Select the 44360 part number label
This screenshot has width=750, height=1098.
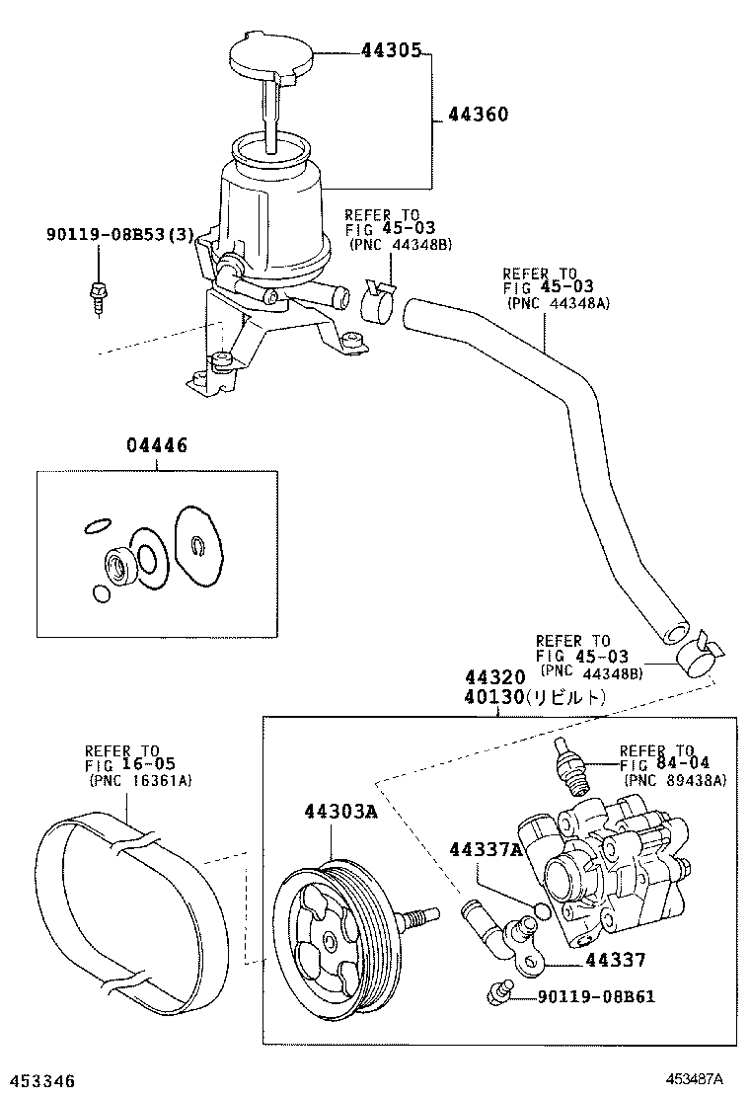point(478,115)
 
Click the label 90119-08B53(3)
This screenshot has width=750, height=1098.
point(119,234)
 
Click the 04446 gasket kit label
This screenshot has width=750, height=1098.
point(157,447)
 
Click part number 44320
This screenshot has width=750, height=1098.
point(496,679)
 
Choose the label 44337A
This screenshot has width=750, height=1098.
point(485,850)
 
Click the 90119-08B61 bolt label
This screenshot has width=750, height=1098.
point(596,996)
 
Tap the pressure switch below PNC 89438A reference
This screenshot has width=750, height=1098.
point(570,766)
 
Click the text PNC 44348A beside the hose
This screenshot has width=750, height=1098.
point(559,304)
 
